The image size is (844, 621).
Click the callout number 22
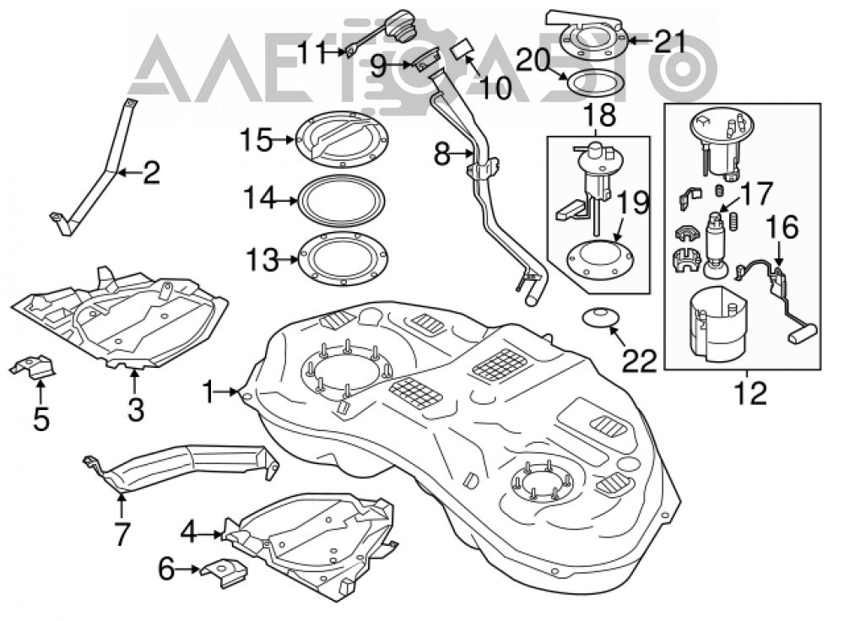tap(640, 360)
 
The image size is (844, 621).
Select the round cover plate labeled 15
tap(343, 138)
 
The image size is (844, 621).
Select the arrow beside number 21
tap(641, 40)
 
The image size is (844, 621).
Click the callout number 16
tap(782, 227)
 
